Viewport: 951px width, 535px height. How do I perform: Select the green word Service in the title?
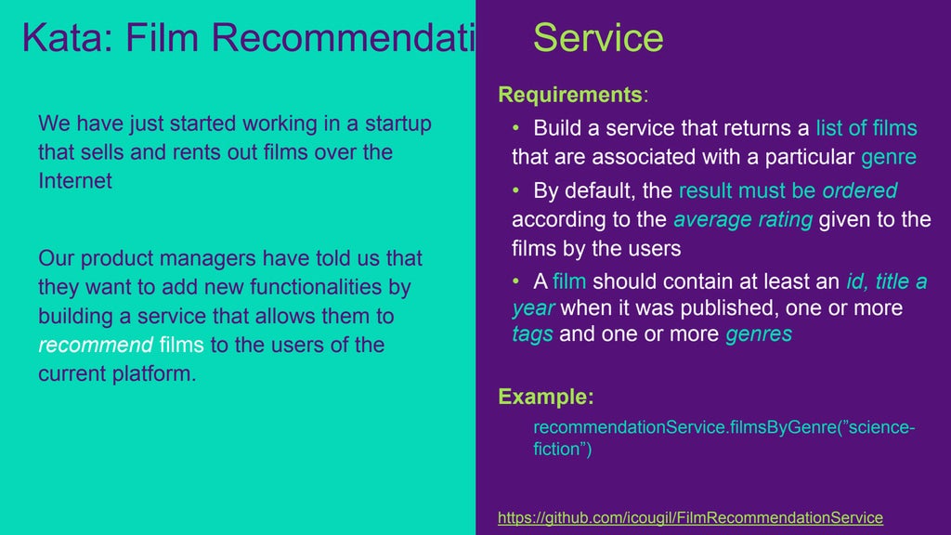(598, 37)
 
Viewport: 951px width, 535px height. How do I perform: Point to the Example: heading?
(546, 397)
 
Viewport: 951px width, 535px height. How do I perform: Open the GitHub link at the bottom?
(690, 517)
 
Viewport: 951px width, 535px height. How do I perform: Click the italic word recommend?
(96, 346)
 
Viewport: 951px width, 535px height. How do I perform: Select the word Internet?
(75, 181)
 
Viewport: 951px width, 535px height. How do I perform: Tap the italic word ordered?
(859, 190)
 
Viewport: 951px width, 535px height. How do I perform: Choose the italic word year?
(534, 307)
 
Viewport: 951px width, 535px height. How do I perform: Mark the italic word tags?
(532, 334)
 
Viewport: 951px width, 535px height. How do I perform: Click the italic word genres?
(758, 334)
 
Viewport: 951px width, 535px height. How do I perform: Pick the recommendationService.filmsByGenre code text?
(667, 427)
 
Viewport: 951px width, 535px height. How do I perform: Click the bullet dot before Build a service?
(518, 127)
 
